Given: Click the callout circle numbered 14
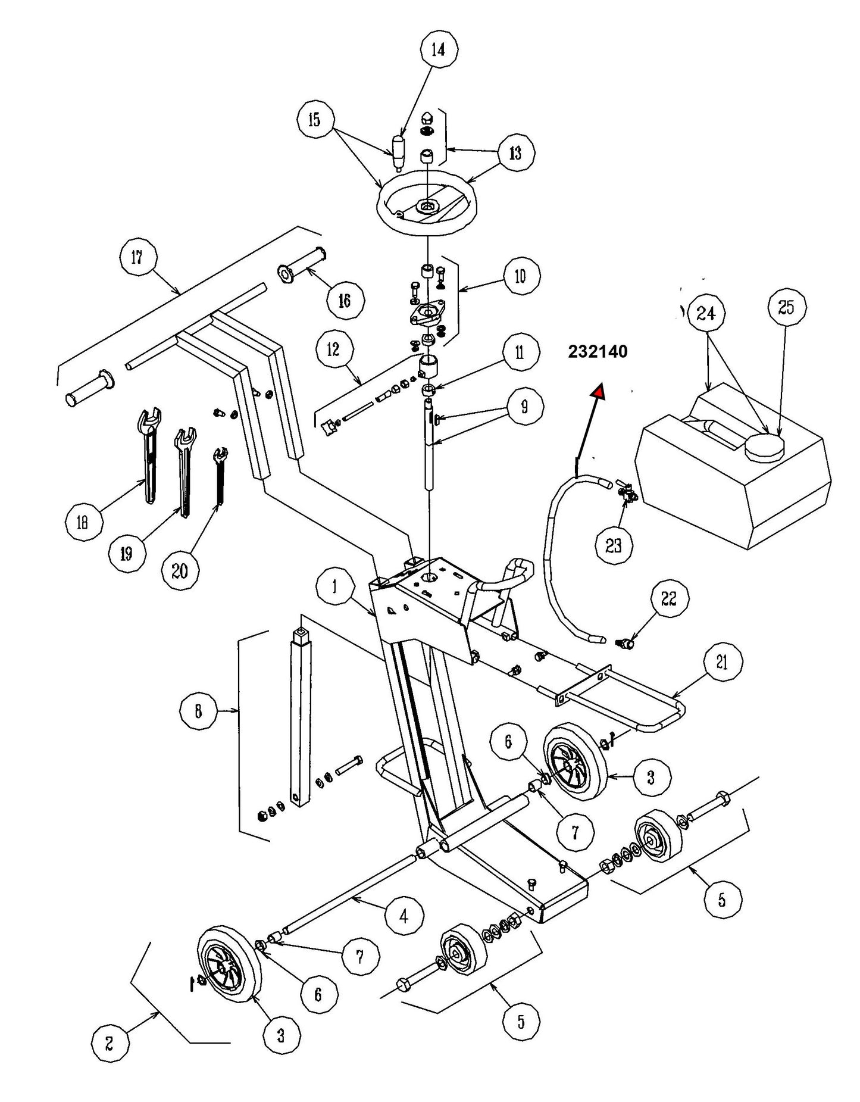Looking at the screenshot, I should click(438, 50).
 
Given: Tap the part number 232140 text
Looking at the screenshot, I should click(598, 352).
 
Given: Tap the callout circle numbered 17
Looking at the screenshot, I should click(137, 258).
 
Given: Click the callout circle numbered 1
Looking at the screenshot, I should click(335, 588).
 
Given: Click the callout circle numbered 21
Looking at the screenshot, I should click(722, 663).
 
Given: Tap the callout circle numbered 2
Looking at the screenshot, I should click(110, 1060).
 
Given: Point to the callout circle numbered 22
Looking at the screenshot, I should click(670, 598).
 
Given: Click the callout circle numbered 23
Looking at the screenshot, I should click(614, 545).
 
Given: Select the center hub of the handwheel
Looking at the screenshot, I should click(427, 207).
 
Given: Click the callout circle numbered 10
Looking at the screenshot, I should click(521, 276).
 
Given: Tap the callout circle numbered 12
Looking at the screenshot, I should click(334, 349).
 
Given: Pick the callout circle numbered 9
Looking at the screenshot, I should click(524, 407).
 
